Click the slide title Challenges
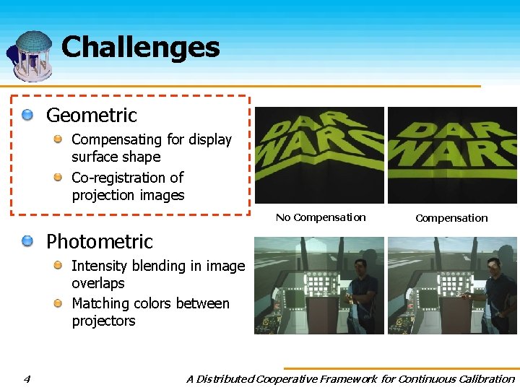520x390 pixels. point(140,48)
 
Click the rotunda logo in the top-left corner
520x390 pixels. point(30,56)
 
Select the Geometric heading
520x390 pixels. point(91,115)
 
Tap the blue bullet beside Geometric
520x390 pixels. point(27,115)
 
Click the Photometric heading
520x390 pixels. point(100,241)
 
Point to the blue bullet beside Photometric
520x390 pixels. point(27,241)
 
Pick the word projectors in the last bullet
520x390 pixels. point(103,321)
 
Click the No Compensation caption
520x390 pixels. point(321,217)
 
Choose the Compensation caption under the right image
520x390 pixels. point(451,218)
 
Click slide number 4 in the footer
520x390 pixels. point(26,378)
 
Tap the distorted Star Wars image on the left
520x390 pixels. point(318,155)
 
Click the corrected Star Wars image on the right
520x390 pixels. point(452,155)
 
